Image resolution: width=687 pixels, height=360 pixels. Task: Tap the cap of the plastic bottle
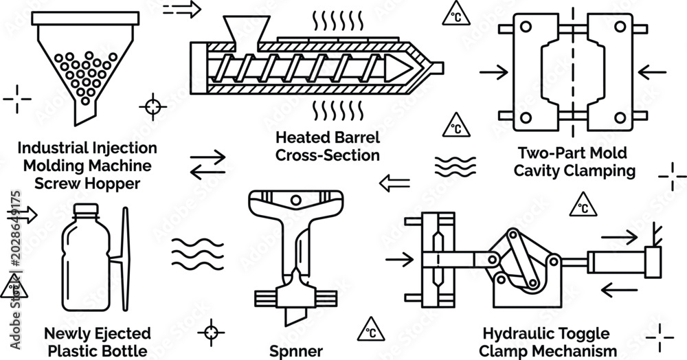point(86,209)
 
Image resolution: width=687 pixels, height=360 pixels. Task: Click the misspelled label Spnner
point(295,351)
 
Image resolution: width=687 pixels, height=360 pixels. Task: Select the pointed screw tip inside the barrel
point(398,69)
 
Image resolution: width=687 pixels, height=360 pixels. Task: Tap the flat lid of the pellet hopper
point(85,18)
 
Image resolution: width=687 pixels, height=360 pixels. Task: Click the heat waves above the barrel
point(337,21)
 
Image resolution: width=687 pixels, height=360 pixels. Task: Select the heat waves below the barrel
point(337,111)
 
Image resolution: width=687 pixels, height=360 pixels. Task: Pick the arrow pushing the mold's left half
point(494,72)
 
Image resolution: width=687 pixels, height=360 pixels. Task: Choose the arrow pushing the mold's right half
point(652,72)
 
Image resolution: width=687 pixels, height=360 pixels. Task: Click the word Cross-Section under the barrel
point(327,155)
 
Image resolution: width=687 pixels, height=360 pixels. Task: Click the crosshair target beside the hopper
point(153,106)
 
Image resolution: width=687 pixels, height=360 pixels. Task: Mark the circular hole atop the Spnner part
point(296,201)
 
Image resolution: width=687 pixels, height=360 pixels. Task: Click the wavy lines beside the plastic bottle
point(198,254)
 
